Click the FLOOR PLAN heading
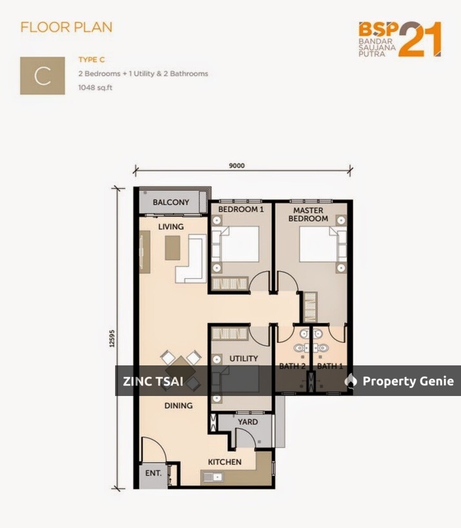[67, 27]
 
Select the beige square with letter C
[42, 76]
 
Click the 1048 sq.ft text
[96, 88]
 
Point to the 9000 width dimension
[237, 165]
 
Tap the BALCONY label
[171, 202]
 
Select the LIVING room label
[171, 227]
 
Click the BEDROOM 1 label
[241, 209]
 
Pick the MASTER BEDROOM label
[311, 214]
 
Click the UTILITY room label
[243, 359]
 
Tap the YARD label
[248, 422]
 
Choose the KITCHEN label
[224, 462]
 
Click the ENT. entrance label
[153, 473]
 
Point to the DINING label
[178, 406]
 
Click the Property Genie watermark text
[408, 381]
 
